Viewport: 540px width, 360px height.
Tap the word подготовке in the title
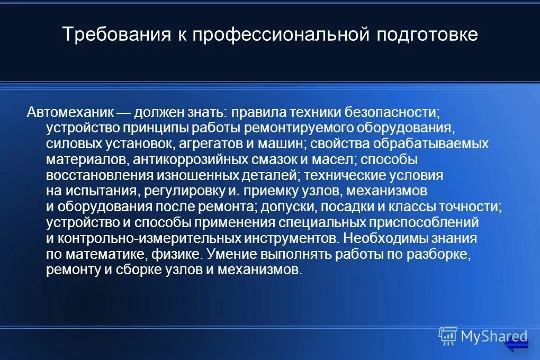click(x=427, y=35)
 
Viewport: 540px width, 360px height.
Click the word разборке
click(x=439, y=254)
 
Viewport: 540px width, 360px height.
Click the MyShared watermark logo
click(x=482, y=336)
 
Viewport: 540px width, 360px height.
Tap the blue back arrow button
click(x=516, y=345)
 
